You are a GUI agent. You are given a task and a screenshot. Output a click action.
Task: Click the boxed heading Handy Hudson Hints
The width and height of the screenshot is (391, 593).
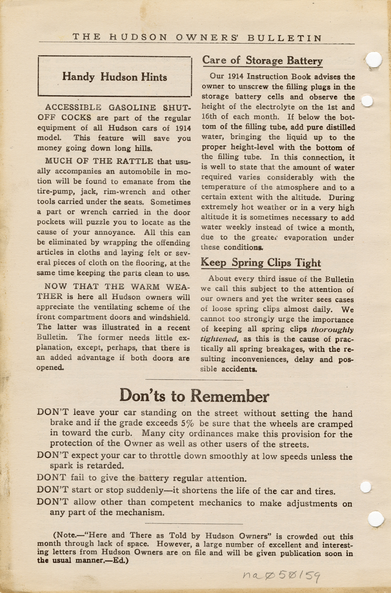114,77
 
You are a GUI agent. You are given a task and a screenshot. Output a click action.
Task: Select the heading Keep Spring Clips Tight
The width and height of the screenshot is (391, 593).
261,263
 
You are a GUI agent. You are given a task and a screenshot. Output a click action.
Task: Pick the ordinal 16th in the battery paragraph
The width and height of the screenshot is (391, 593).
211,117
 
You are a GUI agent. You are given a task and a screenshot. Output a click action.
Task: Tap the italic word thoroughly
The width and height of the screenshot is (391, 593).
332,329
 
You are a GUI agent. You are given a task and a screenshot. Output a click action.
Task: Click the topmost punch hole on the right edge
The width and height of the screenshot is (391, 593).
373,59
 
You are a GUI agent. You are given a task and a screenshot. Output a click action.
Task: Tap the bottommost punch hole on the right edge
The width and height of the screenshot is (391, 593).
376,519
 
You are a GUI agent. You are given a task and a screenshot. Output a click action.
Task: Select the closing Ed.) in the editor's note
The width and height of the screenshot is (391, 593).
118,562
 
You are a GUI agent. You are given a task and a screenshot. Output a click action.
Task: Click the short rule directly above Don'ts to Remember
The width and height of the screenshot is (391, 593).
194,379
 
